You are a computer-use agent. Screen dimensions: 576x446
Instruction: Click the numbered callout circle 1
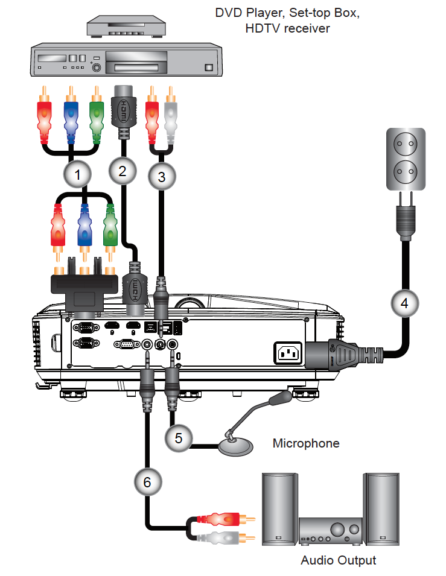pos(77,175)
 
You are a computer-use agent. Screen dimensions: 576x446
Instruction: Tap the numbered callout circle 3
pos(161,177)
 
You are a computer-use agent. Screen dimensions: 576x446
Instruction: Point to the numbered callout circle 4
pos(404,303)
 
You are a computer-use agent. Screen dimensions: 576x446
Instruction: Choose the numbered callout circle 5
pos(179,437)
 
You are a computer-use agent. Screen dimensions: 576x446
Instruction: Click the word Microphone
pos(305,443)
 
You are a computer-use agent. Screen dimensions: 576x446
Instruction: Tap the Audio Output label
pos(338,560)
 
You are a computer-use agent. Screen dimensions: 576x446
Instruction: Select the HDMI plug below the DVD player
pos(123,109)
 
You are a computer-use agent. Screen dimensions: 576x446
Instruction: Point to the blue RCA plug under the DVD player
pos(71,115)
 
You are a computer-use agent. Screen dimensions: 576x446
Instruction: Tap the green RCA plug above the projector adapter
pos(109,229)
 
